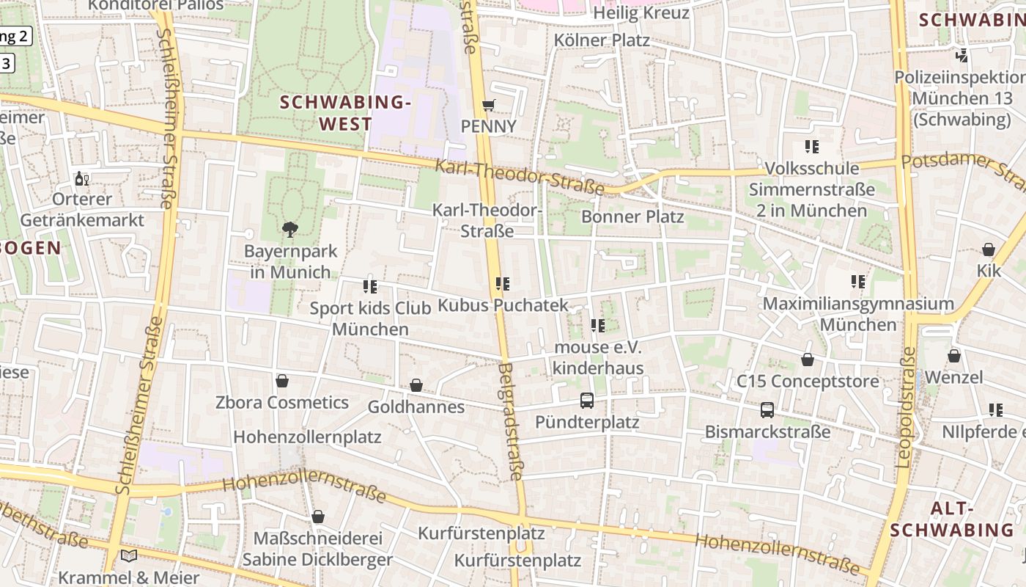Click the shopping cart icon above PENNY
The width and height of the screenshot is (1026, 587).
coord(489,105)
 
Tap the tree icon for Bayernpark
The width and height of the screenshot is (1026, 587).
coord(290,229)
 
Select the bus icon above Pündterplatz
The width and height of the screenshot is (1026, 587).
coord(587,401)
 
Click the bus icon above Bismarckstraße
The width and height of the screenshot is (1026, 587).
coord(767,410)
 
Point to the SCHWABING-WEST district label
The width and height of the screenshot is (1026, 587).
coord(346,113)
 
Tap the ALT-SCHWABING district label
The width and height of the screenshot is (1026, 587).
coord(951,519)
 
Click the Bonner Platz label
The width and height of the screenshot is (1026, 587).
coord(632,216)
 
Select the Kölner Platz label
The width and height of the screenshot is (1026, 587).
coord(602,40)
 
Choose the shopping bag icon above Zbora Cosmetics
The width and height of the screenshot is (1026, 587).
coord(281,381)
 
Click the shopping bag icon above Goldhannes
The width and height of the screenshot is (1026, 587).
coord(416,385)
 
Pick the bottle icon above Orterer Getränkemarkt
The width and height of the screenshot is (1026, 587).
coord(82,178)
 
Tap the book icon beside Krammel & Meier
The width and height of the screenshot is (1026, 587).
coord(129,556)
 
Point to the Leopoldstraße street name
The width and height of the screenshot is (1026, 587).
coord(906,406)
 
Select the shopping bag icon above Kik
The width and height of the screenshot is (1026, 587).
coord(989,249)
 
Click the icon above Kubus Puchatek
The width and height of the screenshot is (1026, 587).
coord(503,283)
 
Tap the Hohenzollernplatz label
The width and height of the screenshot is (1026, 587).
coord(307,437)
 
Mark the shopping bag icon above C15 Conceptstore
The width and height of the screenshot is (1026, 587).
coord(807,360)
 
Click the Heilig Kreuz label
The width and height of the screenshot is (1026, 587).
coord(641,13)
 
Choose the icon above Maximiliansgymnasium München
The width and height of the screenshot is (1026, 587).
coord(858,281)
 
